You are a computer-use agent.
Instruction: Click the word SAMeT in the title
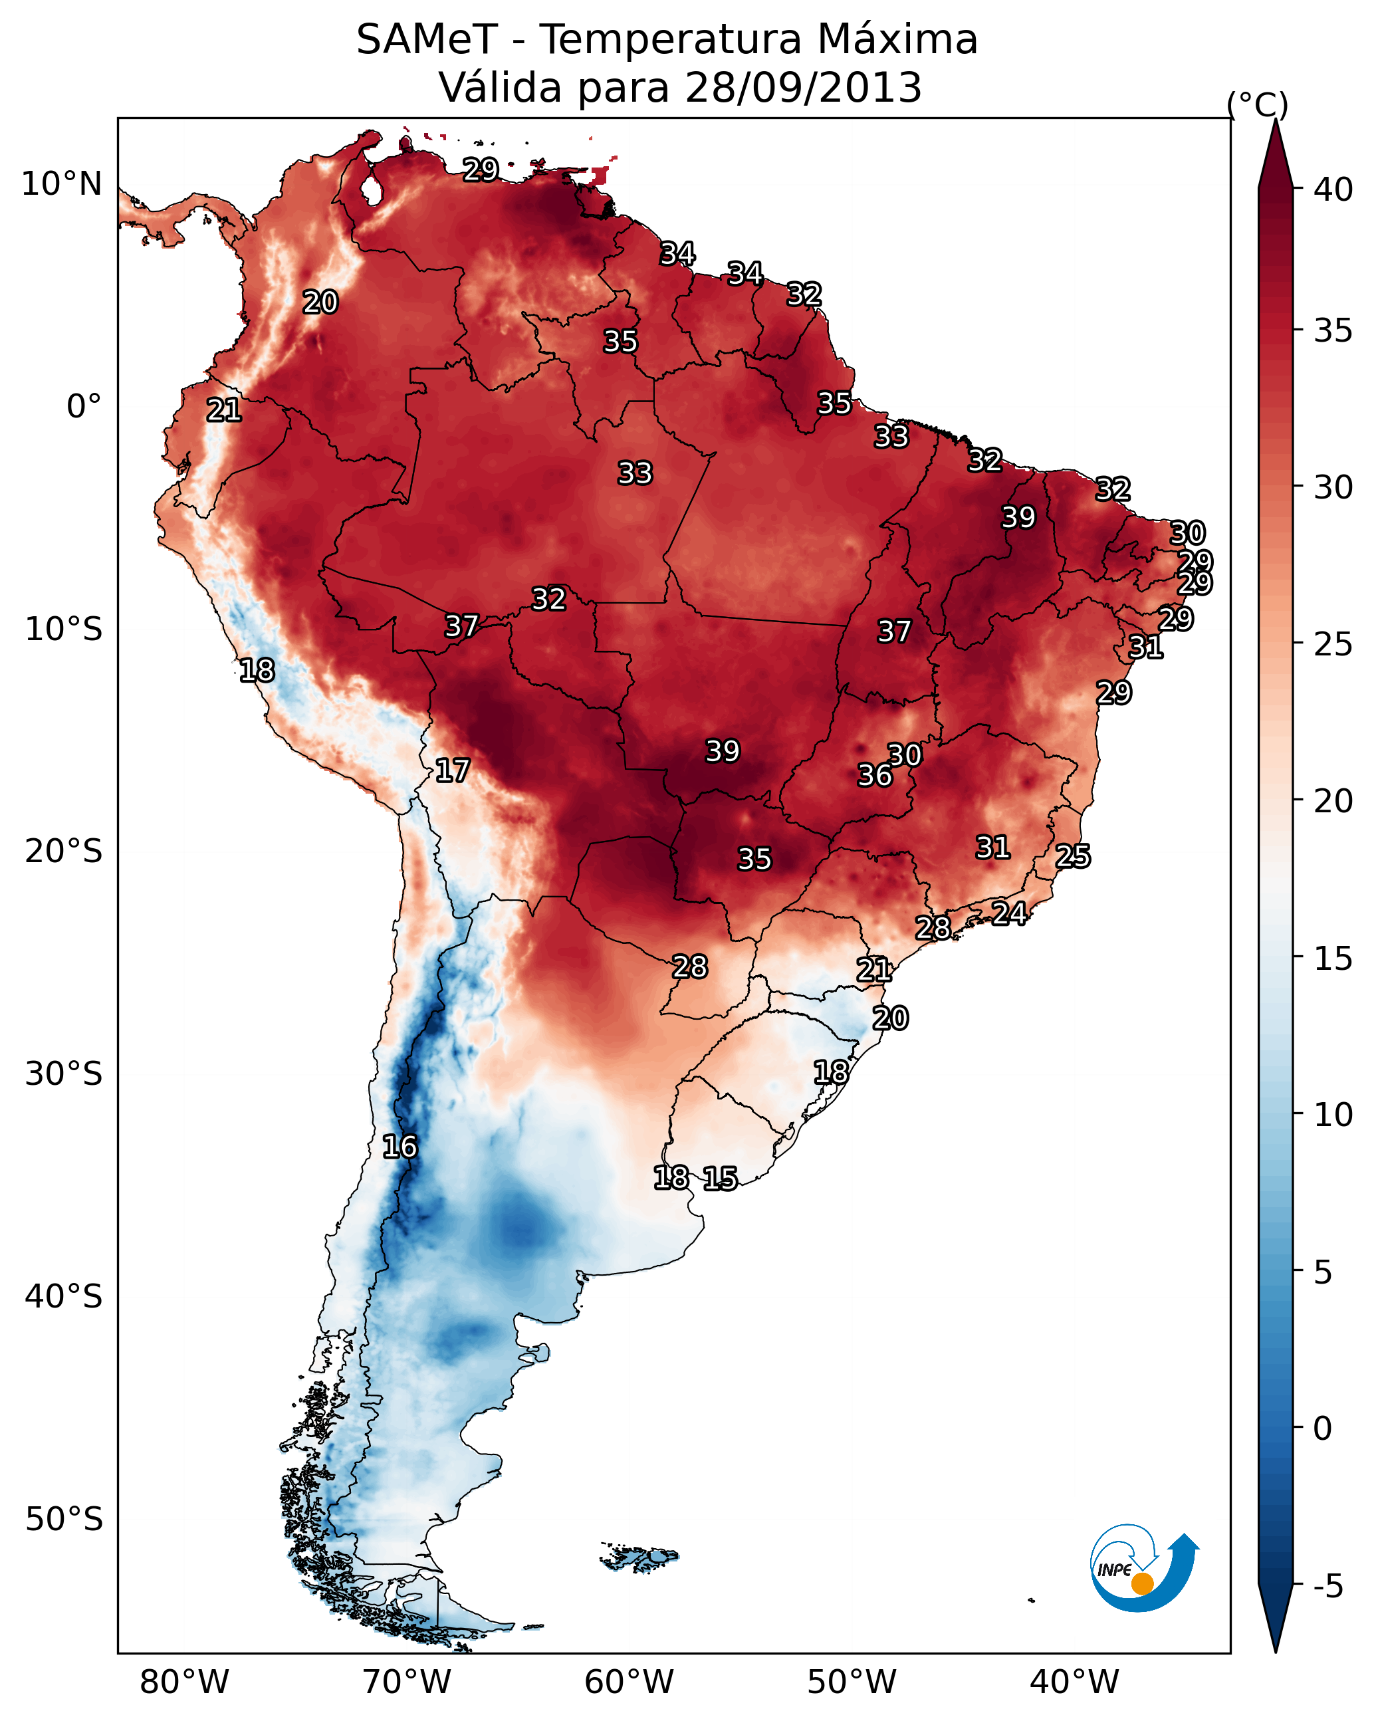(x=427, y=40)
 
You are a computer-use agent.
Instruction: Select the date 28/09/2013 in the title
(x=803, y=88)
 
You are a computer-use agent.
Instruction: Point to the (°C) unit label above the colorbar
(x=1257, y=105)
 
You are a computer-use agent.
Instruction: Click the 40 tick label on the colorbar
(x=1333, y=189)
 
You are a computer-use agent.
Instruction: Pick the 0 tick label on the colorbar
(x=1322, y=1429)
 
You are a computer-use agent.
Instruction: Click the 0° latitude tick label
(x=84, y=407)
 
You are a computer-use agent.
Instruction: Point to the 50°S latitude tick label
(x=64, y=1520)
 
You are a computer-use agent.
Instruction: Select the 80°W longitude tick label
(x=184, y=1682)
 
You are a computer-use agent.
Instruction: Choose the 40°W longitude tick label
(x=1074, y=1682)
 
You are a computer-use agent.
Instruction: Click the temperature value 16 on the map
(x=400, y=1147)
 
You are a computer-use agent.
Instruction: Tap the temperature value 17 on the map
(x=452, y=770)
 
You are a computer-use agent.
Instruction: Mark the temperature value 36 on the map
(x=875, y=775)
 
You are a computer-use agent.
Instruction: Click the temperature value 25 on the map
(x=1073, y=856)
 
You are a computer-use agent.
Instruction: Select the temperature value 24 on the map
(x=1009, y=913)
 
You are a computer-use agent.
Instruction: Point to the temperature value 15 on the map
(x=720, y=1179)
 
